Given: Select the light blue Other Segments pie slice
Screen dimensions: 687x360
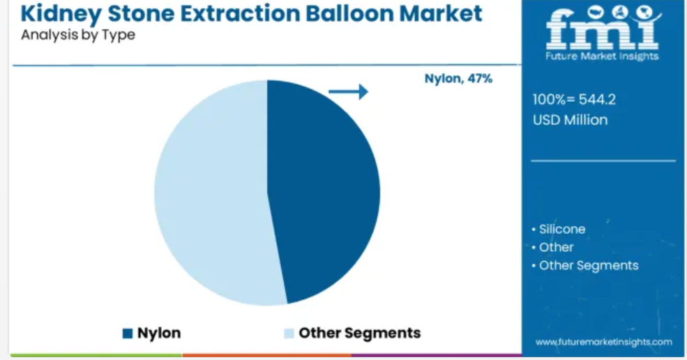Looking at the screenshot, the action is click(x=211, y=193).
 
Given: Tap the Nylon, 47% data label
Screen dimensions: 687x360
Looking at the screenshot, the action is click(x=458, y=79).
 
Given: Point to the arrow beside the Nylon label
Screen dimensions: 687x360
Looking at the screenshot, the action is click(x=348, y=91).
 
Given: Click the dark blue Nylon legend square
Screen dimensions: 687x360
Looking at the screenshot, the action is click(x=128, y=333).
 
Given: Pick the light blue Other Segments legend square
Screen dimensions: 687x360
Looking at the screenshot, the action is click(x=289, y=333).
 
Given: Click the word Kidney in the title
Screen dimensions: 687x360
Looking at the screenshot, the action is click(x=61, y=14).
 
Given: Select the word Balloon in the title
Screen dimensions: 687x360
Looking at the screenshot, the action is click(x=349, y=13).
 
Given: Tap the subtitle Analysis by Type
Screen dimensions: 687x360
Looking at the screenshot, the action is click(x=78, y=35).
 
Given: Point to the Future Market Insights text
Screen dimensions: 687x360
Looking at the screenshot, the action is click(x=602, y=56).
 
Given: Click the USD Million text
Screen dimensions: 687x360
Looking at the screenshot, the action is click(x=570, y=120).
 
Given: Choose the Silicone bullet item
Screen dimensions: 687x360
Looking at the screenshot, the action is click(x=559, y=229).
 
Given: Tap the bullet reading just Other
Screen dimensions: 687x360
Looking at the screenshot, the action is click(x=552, y=247).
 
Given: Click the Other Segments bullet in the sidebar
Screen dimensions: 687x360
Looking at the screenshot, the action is click(x=585, y=266).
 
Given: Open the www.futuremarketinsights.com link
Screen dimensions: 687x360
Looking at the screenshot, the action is click(x=604, y=342).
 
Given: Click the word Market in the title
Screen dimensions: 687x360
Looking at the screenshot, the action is click(x=441, y=13).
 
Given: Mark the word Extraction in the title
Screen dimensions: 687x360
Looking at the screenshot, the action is click(x=241, y=13).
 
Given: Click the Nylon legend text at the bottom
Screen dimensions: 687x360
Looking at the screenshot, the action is click(x=158, y=333).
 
